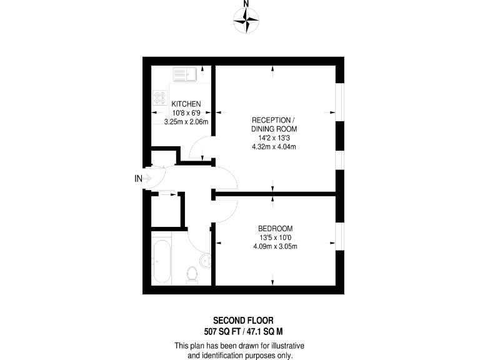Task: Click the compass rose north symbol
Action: (x=246, y=22)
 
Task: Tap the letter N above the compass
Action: (x=246, y=4)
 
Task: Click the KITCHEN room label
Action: (x=186, y=104)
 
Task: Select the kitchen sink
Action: (x=186, y=75)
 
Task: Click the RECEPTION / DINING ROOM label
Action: (x=272, y=124)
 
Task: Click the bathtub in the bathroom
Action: (x=162, y=262)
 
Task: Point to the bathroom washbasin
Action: (x=204, y=259)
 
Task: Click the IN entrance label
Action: (x=139, y=179)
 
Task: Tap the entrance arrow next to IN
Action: (x=149, y=179)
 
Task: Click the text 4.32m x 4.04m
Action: (x=272, y=147)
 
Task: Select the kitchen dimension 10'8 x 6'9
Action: (x=186, y=112)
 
